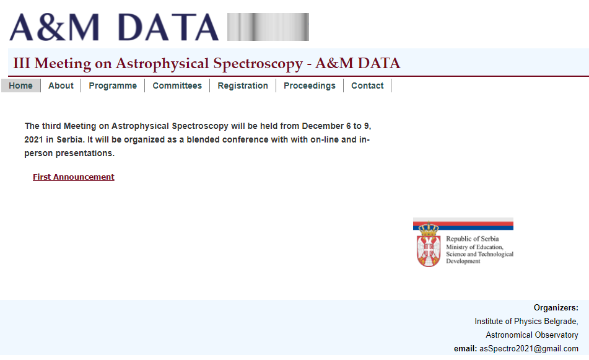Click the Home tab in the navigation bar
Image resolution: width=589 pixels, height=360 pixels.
(x=20, y=86)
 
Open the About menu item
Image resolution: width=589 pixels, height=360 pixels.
(x=61, y=86)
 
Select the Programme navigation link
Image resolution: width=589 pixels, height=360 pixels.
(x=113, y=86)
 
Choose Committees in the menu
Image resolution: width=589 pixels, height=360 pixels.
(x=177, y=86)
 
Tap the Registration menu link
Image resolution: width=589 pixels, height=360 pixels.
(x=243, y=86)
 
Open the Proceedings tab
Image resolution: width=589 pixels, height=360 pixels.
(x=310, y=86)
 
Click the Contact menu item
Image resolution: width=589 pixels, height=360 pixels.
(x=367, y=86)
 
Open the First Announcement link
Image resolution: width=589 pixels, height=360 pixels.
(x=74, y=177)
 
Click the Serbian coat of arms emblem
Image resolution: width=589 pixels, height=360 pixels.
(x=429, y=245)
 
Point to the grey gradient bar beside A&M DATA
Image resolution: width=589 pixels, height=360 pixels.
(x=268, y=27)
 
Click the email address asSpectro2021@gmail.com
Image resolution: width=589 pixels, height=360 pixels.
(x=529, y=349)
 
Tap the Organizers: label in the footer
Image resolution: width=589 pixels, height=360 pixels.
(x=556, y=308)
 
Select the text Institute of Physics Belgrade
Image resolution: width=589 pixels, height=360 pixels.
(x=526, y=322)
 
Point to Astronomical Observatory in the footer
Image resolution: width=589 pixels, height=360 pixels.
(x=532, y=335)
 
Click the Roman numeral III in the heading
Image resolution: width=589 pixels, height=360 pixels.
(x=22, y=63)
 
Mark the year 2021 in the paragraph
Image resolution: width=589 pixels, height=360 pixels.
(x=34, y=140)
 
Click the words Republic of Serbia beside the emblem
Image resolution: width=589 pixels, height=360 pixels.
(x=473, y=239)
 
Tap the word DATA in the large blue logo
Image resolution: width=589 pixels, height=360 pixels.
(x=168, y=27)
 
